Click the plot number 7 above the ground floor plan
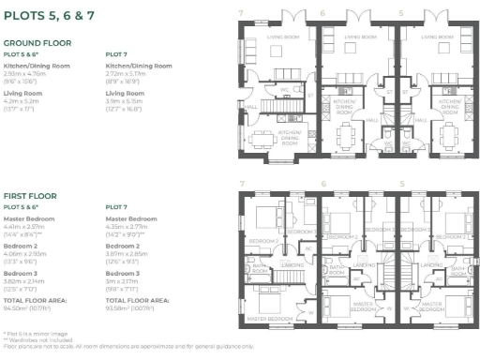tap(241, 13)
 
